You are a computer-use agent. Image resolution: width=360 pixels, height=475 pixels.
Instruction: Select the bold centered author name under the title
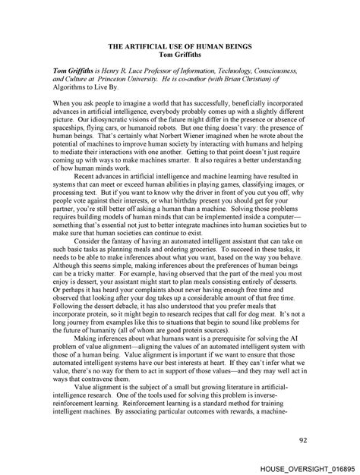click(x=180, y=54)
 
